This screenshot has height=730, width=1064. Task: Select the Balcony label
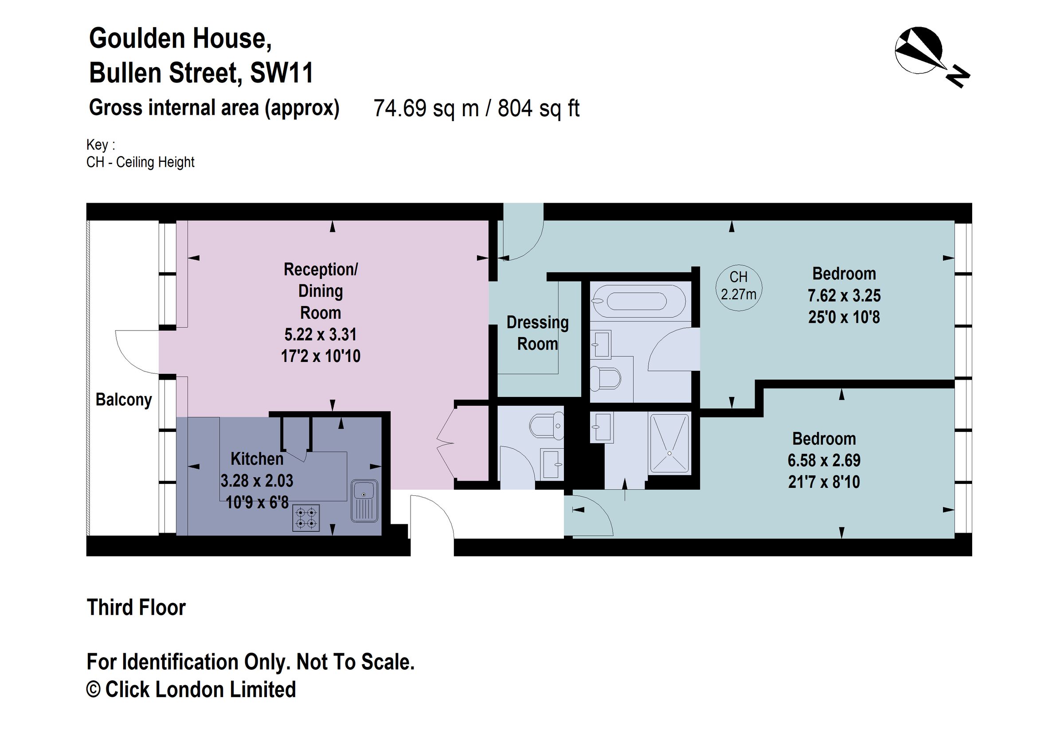124,400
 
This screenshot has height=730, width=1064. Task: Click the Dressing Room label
537,333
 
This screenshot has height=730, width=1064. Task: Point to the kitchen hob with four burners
306,518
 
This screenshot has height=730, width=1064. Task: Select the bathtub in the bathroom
637,301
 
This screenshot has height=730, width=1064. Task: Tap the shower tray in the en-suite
669,443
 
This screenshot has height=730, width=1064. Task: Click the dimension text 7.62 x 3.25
844,296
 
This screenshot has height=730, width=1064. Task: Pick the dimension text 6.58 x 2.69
824,461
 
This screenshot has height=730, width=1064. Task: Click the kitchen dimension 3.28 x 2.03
257,481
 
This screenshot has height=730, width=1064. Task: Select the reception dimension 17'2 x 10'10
321,356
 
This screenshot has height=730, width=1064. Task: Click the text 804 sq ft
538,109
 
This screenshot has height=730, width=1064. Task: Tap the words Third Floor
137,608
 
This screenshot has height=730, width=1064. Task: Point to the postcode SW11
282,73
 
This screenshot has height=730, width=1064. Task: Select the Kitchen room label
257,459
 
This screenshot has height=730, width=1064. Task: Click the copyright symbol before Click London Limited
94,690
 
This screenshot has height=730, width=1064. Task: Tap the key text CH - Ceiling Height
141,162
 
